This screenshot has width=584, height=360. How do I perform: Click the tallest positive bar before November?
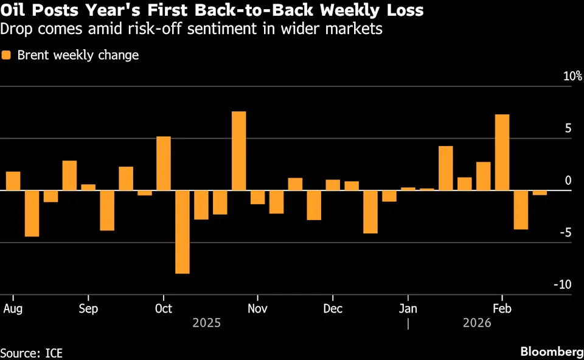click(239, 151)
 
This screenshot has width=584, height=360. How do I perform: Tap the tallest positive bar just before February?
click(502, 152)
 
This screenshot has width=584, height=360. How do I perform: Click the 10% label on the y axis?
click(572, 77)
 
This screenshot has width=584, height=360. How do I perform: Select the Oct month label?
click(163, 308)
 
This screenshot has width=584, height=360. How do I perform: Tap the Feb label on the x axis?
click(502, 308)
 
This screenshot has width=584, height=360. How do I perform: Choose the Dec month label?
click(333, 308)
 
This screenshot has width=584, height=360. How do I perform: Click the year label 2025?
click(207, 323)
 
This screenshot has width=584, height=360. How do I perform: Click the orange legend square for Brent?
click(7, 55)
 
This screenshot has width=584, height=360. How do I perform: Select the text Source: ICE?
click(32, 353)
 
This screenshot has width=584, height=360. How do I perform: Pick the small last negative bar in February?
click(540, 193)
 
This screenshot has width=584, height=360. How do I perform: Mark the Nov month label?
click(258, 308)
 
